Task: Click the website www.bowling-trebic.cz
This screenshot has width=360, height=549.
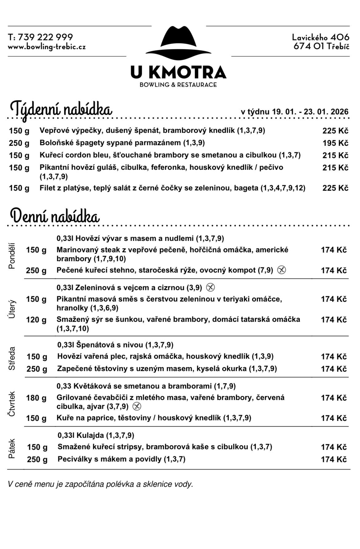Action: (x=46, y=47)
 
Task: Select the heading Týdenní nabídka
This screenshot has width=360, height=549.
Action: (x=61, y=109)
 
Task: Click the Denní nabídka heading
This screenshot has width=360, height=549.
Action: (x=55, y=216)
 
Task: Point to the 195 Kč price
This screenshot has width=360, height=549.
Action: (x=335, y=143)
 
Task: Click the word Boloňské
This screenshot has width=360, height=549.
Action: (x=52, y=143)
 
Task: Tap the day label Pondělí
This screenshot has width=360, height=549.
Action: (x=12, y=256)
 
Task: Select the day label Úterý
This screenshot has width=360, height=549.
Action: (x=12, y=309)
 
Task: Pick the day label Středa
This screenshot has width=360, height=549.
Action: (x=12, y=358)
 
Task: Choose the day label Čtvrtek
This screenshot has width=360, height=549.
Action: (x=12, y=404)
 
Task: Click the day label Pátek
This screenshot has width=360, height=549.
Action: (x=12, y=449)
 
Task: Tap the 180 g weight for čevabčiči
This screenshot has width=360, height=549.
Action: (x=36, y=398)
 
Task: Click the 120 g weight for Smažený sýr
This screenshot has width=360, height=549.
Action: (x=36, y=320)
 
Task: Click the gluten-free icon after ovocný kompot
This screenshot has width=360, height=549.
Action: (x=281, y=270)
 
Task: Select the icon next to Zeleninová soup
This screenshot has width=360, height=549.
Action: (x=210, y=287)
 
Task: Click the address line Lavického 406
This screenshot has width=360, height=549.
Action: (x=321, y=37)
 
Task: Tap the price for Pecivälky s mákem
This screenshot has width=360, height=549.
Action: (x=334, y=459)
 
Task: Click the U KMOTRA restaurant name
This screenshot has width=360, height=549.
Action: (x=178, y=72)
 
